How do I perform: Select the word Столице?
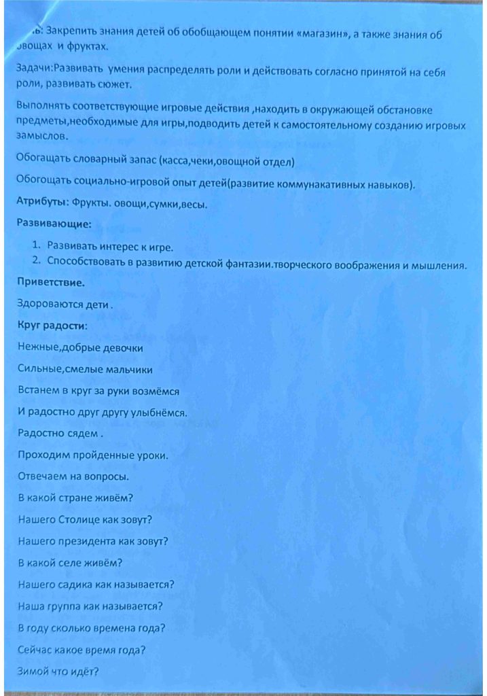(84, 520)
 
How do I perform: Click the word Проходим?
(42, 455)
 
